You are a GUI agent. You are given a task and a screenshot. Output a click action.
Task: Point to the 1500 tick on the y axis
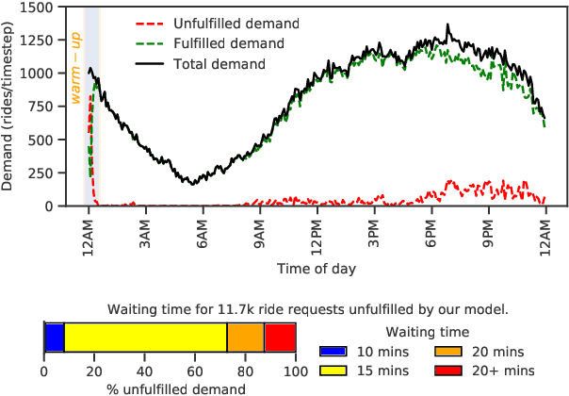click(x=53, y=8)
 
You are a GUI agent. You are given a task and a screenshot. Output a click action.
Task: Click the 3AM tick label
click(x=145, y=233)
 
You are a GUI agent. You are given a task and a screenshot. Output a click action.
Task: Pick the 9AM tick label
click(x=259, y=233)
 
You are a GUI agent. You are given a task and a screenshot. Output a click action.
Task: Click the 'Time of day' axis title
click(x=316, y=269)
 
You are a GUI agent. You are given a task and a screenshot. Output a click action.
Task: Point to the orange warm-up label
click(x=76, y=54)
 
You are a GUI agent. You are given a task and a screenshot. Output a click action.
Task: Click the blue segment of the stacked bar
click(x=54, y=337)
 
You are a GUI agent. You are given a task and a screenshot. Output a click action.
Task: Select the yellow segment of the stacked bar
click(x=145, y=337)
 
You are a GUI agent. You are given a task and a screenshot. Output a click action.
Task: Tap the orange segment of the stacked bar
click(x=246, y=337)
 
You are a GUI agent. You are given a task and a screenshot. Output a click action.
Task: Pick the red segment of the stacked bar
click(x=280, y=337)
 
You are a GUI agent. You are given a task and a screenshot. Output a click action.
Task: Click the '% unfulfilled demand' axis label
click(x=171, y=388)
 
